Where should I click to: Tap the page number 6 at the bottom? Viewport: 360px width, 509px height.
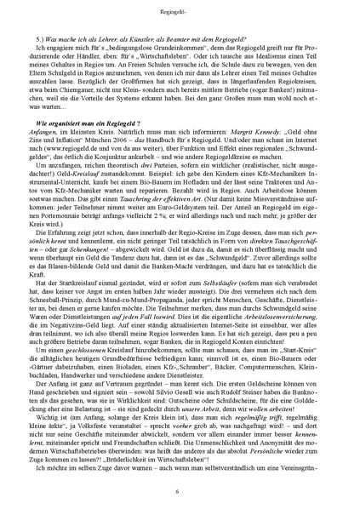coord(180,492)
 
